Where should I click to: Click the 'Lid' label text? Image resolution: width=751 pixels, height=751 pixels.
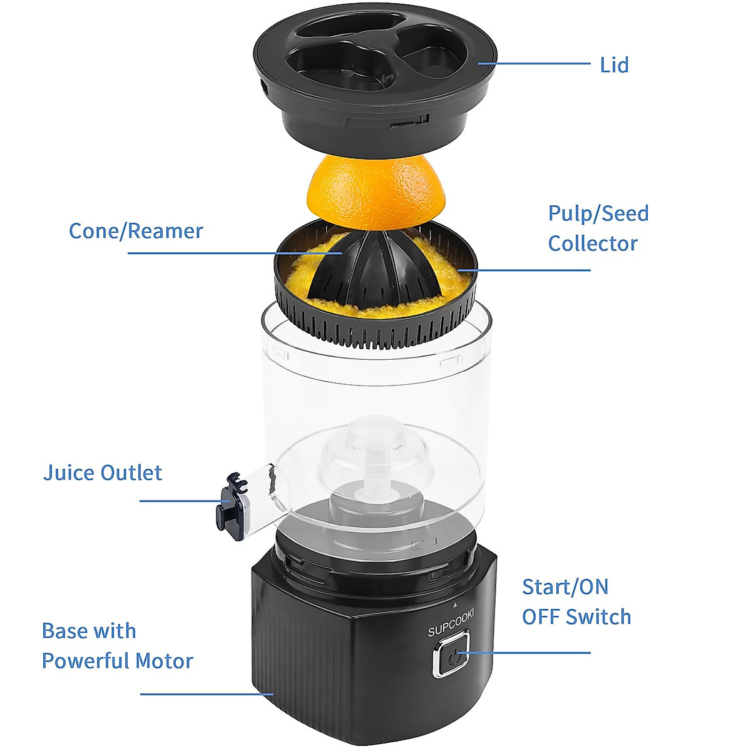coord(613,65)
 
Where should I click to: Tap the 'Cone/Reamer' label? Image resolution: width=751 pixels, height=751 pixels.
coord(136,231)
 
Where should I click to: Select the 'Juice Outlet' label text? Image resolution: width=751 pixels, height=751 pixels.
coord(103,473)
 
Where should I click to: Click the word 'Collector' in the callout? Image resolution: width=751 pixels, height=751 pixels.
coord(593,243)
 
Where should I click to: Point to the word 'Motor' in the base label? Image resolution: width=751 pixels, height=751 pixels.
coord(165,661)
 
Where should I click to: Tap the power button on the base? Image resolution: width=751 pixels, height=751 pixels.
coord(451,655)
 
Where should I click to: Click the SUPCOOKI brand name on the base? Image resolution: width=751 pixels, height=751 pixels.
coord(451,623)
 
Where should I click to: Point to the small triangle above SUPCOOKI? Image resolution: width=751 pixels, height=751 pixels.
coord(455,605)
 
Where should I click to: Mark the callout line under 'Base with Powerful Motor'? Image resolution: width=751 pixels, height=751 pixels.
coord(207,693)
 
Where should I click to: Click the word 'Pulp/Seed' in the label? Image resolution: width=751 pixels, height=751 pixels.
coord(598,213)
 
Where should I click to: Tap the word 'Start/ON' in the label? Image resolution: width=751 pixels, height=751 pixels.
coord(565,587)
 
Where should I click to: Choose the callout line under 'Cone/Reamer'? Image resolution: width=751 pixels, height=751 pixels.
coord(232,253)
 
